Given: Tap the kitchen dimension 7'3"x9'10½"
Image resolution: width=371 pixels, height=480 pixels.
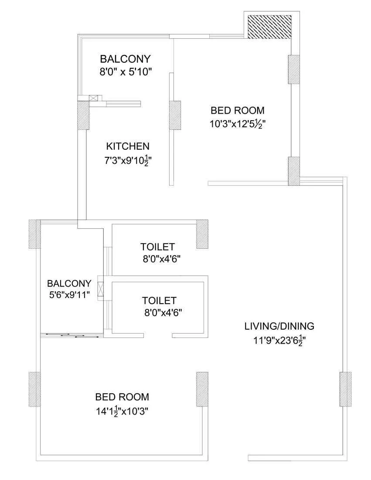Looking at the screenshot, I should [x=128, y=160].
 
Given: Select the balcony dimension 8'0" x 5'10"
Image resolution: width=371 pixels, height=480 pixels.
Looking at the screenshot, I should [x=125, y=72].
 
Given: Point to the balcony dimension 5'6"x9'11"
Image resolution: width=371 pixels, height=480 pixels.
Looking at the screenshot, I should [x=69, y=294].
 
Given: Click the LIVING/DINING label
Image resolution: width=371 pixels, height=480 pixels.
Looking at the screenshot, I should [x=279, y=326].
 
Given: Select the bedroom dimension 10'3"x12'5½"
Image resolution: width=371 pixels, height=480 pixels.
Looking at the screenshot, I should [x=238, y=123].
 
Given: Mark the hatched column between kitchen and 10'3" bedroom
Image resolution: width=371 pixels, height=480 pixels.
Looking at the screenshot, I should [x=175, y=115].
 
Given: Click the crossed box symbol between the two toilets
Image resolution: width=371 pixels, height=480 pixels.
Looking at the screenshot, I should [x=102, y=290].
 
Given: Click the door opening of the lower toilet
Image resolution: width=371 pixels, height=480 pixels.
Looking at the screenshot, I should [x=158, y=335].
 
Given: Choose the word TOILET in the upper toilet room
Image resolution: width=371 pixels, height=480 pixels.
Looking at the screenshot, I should [x=157, y=247].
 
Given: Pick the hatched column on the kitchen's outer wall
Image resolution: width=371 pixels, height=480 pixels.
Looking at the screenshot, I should [x=83, y=115].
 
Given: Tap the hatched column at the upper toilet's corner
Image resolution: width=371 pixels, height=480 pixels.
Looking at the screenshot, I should [x=202, y=234].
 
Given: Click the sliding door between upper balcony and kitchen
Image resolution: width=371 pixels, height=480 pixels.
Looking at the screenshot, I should [x=123, y=104].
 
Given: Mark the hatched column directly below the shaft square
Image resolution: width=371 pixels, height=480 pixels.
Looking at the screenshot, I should [x=293, y=69].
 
